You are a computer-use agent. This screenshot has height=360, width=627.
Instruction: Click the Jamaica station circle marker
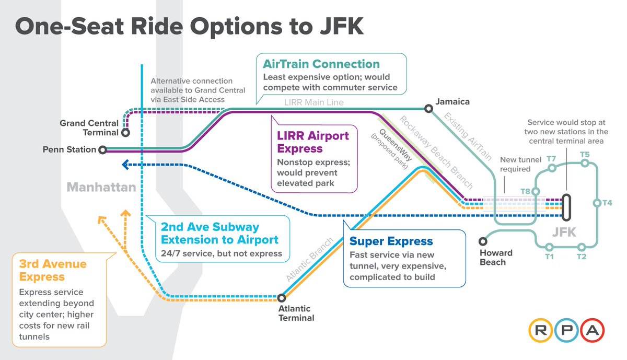[428, 109]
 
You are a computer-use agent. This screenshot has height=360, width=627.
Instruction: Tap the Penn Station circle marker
[102, 149]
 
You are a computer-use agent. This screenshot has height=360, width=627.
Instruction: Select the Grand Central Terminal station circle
[125, 133]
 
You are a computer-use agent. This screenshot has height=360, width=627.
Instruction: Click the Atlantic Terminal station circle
[282, 298]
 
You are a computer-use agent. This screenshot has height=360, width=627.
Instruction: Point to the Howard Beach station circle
[482, 241]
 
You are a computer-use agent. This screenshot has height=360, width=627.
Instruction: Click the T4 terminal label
[607, 203]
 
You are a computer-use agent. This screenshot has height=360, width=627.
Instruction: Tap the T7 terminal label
[551, 158]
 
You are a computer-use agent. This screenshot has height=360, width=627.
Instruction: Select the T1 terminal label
[549, 257]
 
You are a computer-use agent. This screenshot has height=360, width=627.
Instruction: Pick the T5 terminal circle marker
[585, 163]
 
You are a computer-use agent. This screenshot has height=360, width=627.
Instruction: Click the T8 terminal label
[526, 192]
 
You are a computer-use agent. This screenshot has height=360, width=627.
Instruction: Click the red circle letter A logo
[591, 330]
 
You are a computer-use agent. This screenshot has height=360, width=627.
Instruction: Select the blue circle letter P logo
[567, 330]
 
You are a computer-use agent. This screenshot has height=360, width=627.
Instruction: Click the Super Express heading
[391, 241]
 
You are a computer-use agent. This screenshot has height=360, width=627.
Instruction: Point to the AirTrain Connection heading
[321, 64]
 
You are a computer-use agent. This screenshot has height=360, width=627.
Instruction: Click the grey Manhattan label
[101, 187]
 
